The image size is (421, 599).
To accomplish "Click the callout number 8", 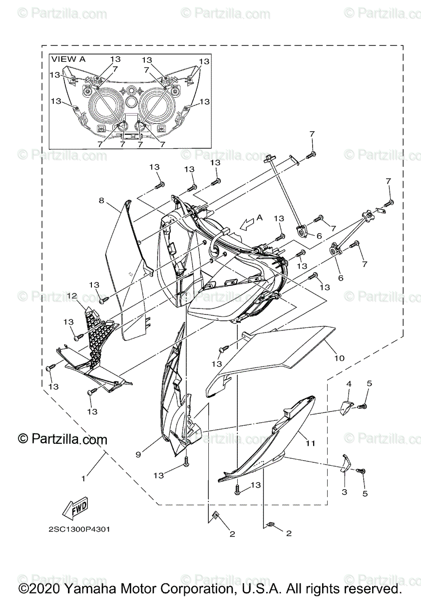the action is [101, 201].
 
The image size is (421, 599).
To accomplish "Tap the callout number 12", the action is [71, 296].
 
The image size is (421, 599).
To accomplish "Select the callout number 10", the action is [339, 358].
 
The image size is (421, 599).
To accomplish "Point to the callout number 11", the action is [310, 443].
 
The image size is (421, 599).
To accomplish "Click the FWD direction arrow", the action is [74, 508].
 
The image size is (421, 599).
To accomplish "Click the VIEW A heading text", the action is [68, 59].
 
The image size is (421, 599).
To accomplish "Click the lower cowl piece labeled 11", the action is [270, 439].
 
